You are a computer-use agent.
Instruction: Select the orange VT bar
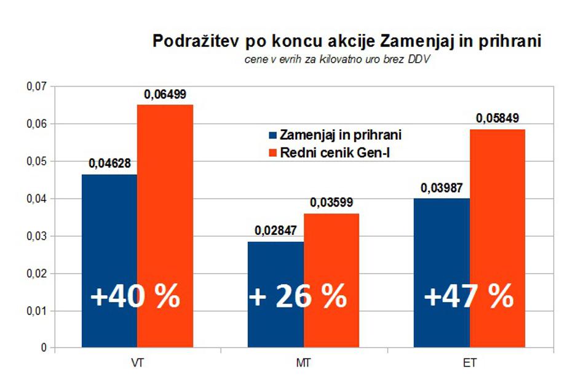pyautogui.click(x=165, y=185)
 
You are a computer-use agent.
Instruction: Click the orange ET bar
pyautogui.click(x=497, y=203)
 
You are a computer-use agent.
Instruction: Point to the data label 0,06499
pyautogui.click(x=165, y=95)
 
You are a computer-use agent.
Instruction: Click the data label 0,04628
pyautogui.click(x=110, y=164)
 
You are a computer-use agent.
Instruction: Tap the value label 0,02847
pyautogui.click(x=276, y=231)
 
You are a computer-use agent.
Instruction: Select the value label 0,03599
pyautogui.click(x=331, y=203)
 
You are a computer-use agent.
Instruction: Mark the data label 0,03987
pyautogui.click(x=442, y=188)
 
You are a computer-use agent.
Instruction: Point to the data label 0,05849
pyautogui.click(x=497, y=119)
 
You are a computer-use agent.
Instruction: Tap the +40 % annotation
pyautogui.click(x=135, y=296)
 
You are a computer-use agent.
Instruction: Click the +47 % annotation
pyautogui.click(x=469, y=296)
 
